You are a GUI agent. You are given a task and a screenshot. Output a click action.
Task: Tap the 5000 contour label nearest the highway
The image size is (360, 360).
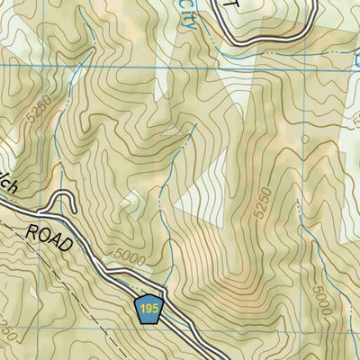click(x=131, y=262)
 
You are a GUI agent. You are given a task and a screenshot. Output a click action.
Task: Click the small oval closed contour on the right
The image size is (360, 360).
click(x=305, y=140)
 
